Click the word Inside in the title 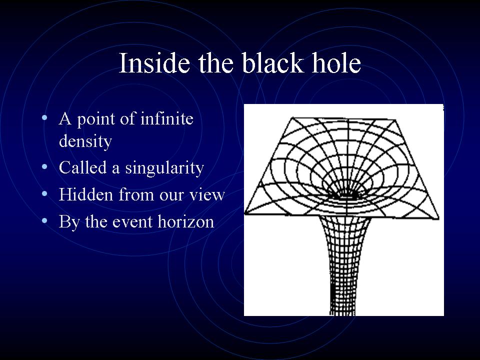click(154, 63)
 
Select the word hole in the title click(336, 63)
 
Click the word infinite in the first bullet click(167, 118)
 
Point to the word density click(85, 141)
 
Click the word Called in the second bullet click(82, 167)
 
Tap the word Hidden click(86, 194)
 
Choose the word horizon click(186, 221)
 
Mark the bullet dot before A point click(44, 117)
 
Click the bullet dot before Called click(44, 167)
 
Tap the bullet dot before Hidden click(44, 194)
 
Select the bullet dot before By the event click(44, 220)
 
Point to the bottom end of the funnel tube click(342, 314)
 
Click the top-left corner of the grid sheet click(292, 117)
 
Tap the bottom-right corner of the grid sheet click(438, 218)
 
